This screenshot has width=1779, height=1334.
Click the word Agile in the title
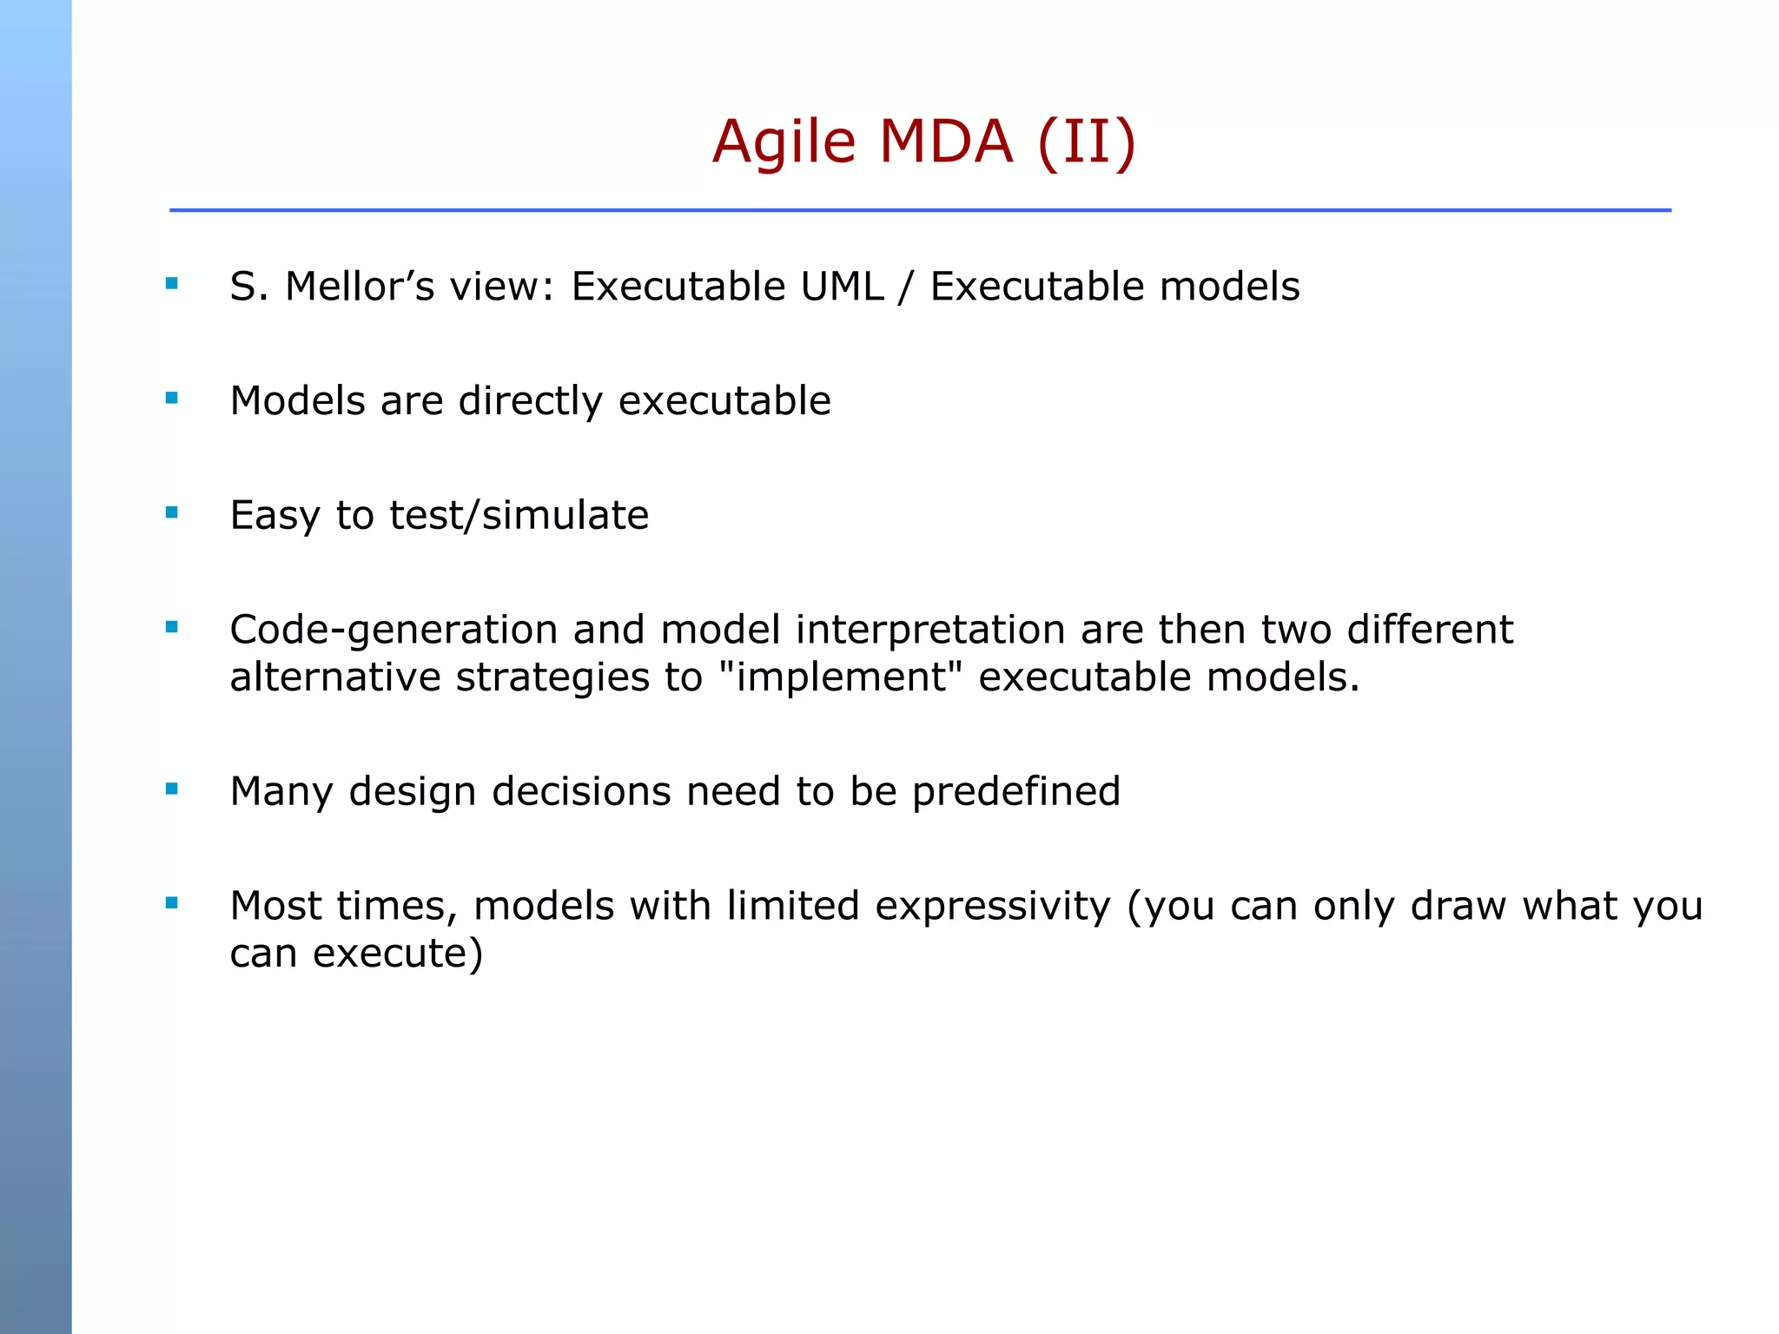point(784,143)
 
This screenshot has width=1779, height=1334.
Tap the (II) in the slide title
point(1087,142)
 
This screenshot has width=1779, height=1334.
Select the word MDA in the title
point(945,142)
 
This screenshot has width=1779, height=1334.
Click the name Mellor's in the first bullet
point(360,287)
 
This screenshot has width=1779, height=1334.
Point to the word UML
point(842,287)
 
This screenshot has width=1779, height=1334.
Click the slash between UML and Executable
point(906,287)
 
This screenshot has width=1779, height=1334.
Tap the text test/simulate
point(519,516)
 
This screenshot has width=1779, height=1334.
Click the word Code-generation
point(393,631)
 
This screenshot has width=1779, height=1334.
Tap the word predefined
point(1015,792)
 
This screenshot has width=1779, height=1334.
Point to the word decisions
point(581,792)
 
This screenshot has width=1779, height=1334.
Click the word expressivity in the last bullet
point(993,907)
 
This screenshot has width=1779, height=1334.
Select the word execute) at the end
point(397,954)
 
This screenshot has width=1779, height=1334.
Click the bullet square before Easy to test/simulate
point(171,513)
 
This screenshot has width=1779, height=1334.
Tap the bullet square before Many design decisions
point(171,789)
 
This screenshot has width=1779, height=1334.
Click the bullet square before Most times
point(171,903)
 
